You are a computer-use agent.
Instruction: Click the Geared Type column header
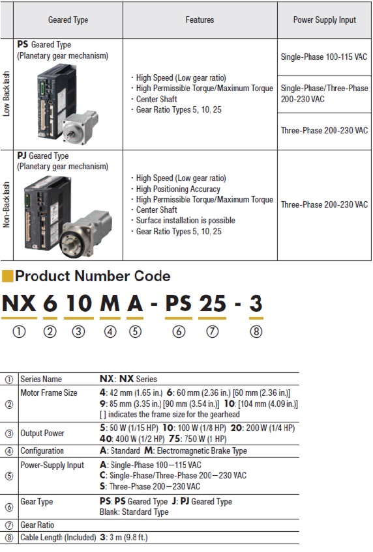(68, 20)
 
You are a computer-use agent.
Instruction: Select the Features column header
(200, 20)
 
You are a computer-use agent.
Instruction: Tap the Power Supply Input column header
(324, 20)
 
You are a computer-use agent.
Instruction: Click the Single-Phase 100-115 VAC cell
(324, 57)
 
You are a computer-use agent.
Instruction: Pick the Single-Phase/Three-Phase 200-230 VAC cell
(324, 94)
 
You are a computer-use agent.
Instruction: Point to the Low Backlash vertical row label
(7, 94)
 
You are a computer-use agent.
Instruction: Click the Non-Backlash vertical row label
(7, 205)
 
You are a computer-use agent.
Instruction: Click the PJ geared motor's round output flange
(74, 241)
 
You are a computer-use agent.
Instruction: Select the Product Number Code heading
(93, 276)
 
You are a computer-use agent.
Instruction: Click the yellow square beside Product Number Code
(7, 276)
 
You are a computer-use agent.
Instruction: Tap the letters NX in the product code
(19, 303)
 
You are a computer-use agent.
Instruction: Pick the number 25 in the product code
(212, 303)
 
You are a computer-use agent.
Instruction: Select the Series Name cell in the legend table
(41, 379)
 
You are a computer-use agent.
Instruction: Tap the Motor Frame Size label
(49, 393)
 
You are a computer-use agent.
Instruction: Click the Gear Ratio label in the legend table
(38, 525)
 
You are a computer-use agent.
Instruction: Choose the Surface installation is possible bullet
(185, 221)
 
